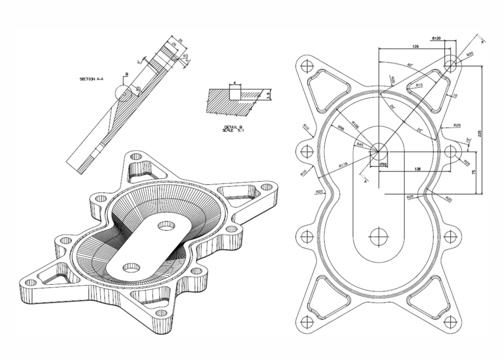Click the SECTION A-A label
tap(92, 79)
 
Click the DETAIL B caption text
tap(232, 129)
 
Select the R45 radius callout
tap(360, 145)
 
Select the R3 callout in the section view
tap(184, 56)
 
